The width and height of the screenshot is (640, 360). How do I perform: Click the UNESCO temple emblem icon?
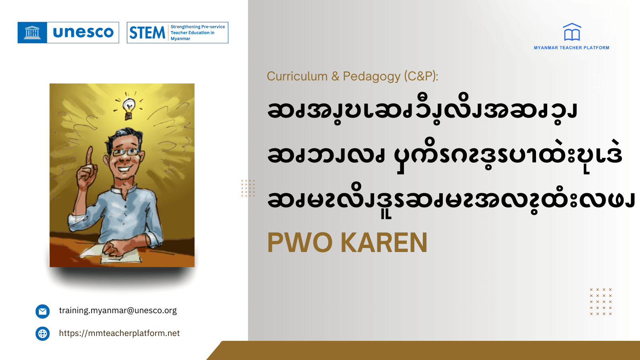32,32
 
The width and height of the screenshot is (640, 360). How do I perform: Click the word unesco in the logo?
83,32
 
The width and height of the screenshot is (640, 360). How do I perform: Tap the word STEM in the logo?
147,33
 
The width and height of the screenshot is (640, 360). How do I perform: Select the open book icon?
572,32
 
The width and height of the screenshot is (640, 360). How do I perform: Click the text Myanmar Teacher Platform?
572,48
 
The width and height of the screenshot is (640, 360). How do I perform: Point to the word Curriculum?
297,76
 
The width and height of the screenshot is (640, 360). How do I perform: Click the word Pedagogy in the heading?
372,76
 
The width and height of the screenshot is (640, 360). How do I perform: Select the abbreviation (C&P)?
421,76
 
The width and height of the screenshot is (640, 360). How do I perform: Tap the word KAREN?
384,243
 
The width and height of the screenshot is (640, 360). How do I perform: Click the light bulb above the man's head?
128,107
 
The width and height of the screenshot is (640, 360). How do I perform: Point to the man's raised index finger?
90,154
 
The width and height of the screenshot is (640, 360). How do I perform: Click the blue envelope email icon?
43,311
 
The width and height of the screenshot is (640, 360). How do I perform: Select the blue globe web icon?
43,334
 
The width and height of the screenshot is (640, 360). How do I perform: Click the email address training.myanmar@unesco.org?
118,310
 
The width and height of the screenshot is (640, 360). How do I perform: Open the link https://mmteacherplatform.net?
119,333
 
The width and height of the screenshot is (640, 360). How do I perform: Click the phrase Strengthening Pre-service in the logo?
198,27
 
